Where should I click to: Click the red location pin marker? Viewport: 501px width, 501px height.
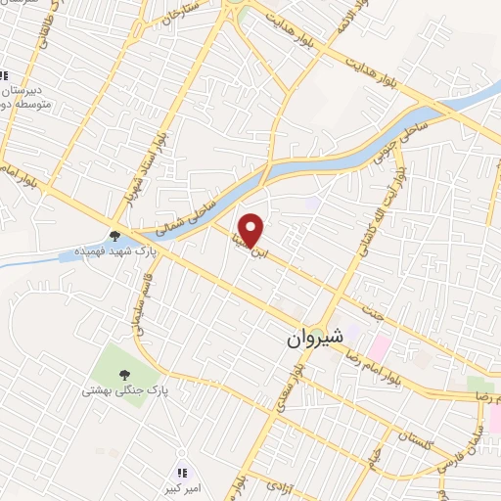252,230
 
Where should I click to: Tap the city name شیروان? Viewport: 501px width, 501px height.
315,339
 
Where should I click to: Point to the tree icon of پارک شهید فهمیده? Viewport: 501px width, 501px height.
116,236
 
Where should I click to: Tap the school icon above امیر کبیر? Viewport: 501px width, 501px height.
182,448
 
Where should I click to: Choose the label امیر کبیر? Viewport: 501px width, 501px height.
182,465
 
